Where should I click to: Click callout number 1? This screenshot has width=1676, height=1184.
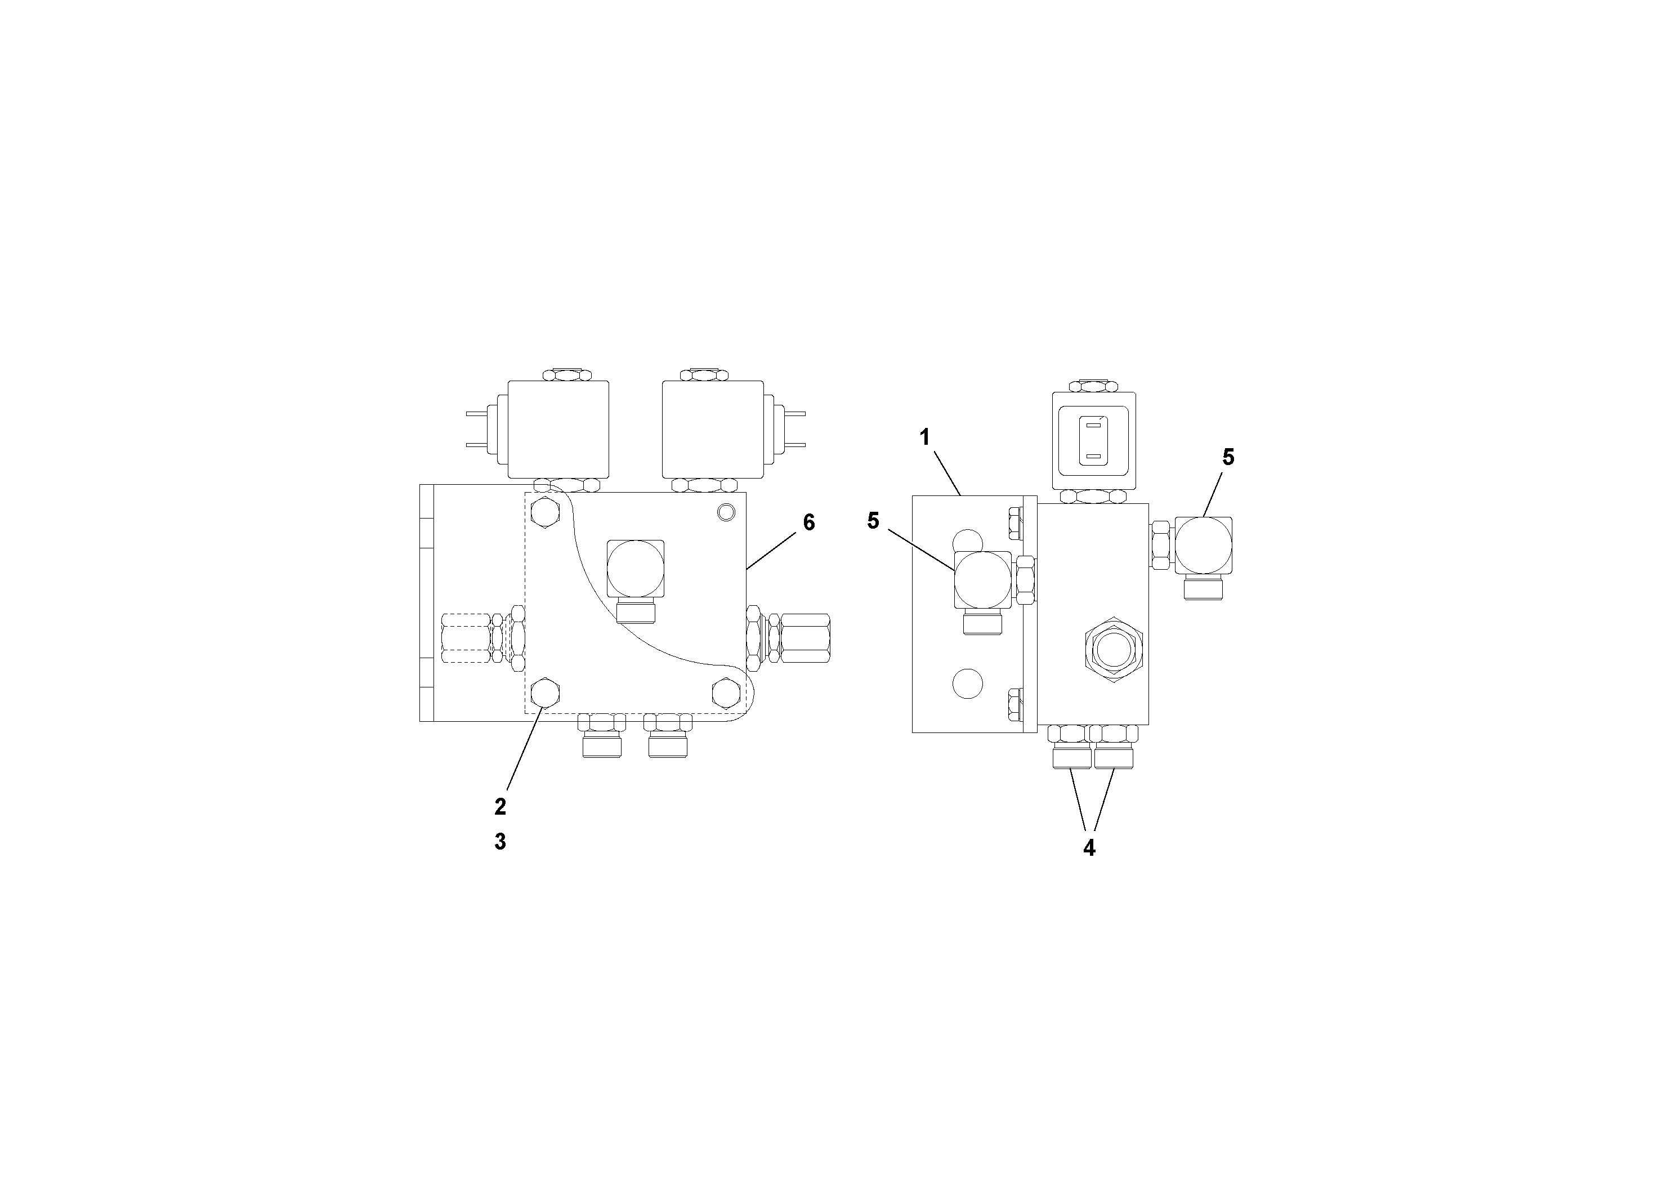coord(925,438)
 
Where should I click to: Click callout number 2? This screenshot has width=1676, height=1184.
coord(500,807)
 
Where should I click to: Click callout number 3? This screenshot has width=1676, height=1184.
coord(500,842)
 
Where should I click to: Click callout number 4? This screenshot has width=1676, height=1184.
coord(1089,848)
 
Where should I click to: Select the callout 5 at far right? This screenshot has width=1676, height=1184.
coord(1228,458)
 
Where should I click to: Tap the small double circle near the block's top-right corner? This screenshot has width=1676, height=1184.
coord(725,512)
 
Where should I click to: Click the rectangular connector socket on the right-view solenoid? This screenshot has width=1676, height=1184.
coord(1093,440)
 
